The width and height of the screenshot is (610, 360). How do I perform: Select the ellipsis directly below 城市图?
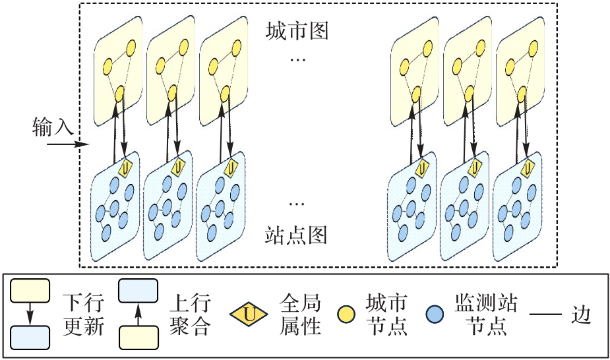[297, 61]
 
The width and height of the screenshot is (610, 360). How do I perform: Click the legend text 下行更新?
[83, 315]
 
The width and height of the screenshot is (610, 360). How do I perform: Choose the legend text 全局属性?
[300, 315]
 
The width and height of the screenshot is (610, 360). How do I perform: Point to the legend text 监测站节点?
[485, 315]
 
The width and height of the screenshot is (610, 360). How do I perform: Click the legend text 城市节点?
[386, 315]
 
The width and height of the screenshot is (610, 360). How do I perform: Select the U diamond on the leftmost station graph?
[126, 168]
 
